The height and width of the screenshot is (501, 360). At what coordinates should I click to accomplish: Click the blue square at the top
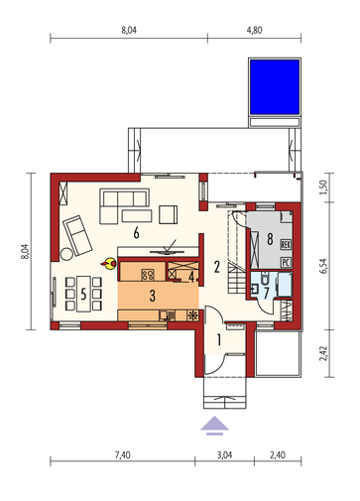point(275,86)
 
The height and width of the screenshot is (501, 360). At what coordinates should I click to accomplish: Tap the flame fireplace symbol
point(109,264)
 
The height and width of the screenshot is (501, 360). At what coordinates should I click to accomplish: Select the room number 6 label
point(136,233)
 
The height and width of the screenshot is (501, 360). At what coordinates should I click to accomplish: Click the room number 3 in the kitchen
point(152,296)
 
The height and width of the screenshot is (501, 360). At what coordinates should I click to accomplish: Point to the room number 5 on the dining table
point(83,294)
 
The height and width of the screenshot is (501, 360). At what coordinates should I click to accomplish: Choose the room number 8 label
point(270,238)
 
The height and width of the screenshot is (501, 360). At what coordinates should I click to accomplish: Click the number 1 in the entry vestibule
point(218,340)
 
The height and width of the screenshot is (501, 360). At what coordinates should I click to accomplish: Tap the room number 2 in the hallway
point(216,267)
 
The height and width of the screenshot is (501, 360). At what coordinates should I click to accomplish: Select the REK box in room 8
point(286,245)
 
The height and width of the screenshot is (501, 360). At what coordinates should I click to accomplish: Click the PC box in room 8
point(286,263)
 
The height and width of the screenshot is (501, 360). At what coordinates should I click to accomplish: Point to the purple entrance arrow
point(214,426)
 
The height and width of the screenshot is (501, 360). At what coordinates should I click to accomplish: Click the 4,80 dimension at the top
point(254,31)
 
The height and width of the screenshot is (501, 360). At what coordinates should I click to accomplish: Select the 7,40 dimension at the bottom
point(122,455)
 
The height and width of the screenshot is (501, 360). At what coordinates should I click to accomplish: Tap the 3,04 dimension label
point(224,455)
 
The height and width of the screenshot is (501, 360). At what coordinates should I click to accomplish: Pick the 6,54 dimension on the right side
point(323,266)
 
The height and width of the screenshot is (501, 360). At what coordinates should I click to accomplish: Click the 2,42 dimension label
point(323,353)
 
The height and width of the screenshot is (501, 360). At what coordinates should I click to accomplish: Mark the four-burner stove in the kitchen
point(148,275)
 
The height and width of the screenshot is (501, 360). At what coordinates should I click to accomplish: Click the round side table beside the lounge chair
point(66,254)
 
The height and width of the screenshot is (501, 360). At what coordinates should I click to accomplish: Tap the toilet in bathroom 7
point(265,279)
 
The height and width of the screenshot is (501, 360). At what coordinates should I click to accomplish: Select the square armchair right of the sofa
point(168,214)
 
